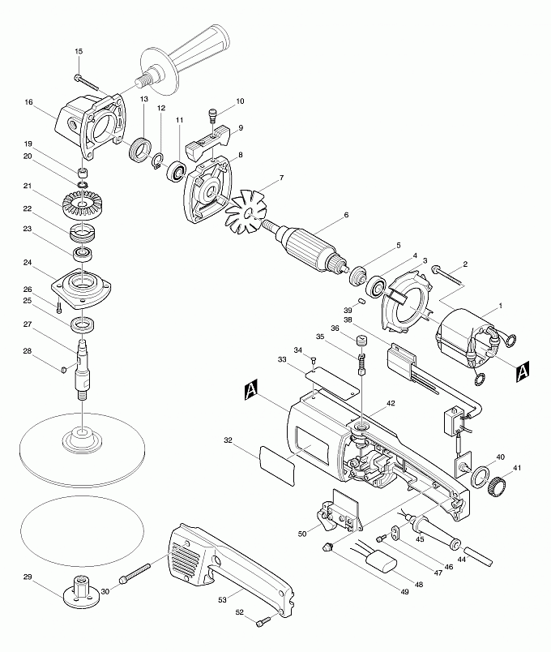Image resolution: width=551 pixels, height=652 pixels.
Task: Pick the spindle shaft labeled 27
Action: tap(84, 365)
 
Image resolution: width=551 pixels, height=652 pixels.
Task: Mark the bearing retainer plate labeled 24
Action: tap(83, 289)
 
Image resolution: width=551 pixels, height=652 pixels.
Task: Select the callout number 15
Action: tap(79, 52)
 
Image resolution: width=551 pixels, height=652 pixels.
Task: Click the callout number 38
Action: tap(348, 320)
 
